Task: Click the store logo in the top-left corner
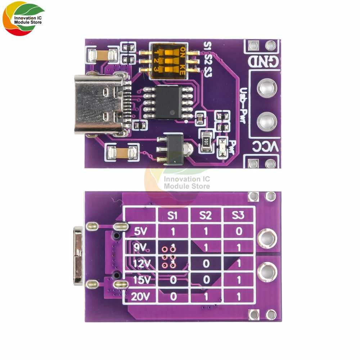[23, 20]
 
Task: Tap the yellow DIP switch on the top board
[168, 60]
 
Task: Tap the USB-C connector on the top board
[99, 104]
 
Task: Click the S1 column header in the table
[173, 216]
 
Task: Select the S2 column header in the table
[206, 216]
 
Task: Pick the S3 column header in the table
[239, 216]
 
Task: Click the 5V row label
[140, 231]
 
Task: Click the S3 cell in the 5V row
[239, 231]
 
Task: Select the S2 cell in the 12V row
[206, 264]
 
